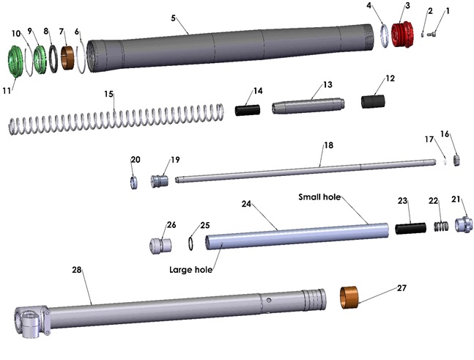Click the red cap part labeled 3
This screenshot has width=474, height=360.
400,34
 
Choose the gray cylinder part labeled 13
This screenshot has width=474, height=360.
308,107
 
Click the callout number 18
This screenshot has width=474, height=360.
327,146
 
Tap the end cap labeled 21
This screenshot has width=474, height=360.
464,224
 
